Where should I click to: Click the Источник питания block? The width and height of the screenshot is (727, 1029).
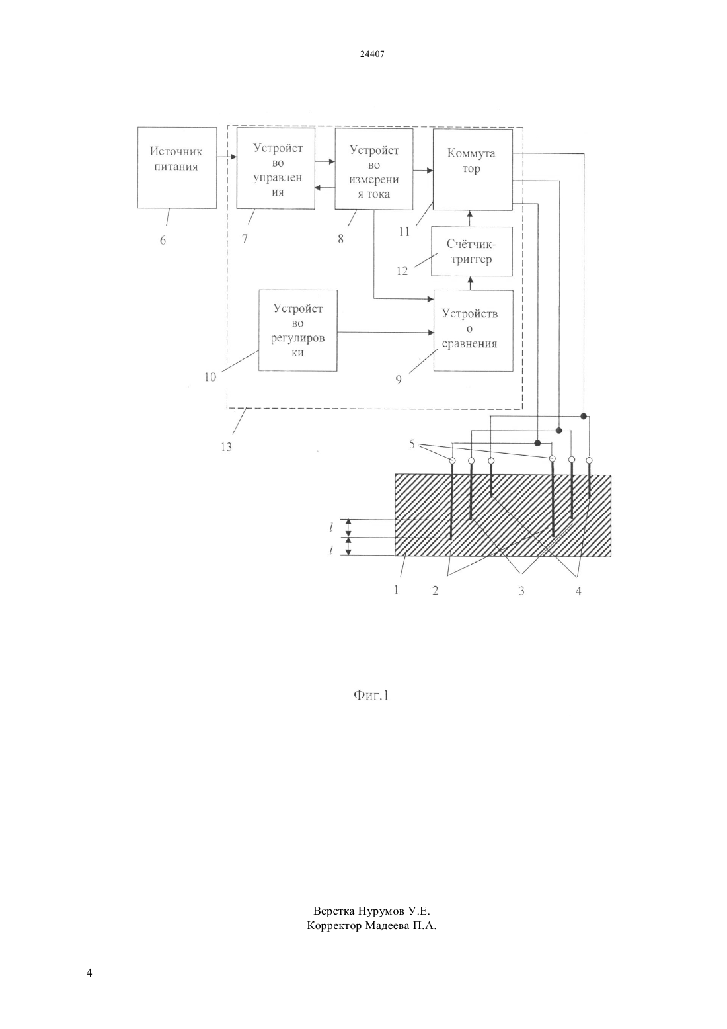point(176,168)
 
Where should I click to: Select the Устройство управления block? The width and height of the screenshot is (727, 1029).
point(276,168)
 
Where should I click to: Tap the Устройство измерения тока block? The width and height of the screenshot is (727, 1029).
point(374,169)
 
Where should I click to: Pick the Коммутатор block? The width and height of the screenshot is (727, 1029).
point(473,169)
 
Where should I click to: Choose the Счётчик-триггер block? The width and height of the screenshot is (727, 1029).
point(472,251)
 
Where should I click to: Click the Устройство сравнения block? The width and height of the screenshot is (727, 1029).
point(473,330)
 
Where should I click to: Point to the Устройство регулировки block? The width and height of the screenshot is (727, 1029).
point(298,330)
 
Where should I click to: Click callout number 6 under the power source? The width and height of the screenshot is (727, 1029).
point(163,240)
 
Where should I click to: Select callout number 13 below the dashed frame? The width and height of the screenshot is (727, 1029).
point(226,447)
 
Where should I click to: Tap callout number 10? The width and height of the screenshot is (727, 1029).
point(210,377)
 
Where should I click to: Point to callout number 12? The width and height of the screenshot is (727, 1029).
point(402,271)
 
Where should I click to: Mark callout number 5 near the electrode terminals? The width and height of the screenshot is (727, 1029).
point(412,444)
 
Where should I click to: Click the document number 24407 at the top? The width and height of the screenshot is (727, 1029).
point(372,54)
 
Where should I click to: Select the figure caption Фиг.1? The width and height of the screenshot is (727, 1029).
point(371,696)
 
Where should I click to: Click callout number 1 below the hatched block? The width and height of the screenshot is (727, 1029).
point(396,590)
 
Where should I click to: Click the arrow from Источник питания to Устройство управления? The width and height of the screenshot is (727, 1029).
point(227,157)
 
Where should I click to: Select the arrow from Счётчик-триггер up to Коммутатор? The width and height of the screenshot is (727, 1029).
point(469,219)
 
